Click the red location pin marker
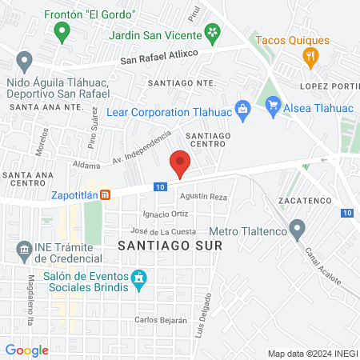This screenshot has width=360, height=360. coord(180,164)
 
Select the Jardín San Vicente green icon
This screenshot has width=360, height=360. coord(213,32)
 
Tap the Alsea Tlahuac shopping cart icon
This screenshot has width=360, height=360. coord(272,103)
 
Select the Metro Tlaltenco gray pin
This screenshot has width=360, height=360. coord(298,230)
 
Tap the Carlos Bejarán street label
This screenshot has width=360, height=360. coord(161,320)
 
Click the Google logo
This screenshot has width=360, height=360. coord(26,350)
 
